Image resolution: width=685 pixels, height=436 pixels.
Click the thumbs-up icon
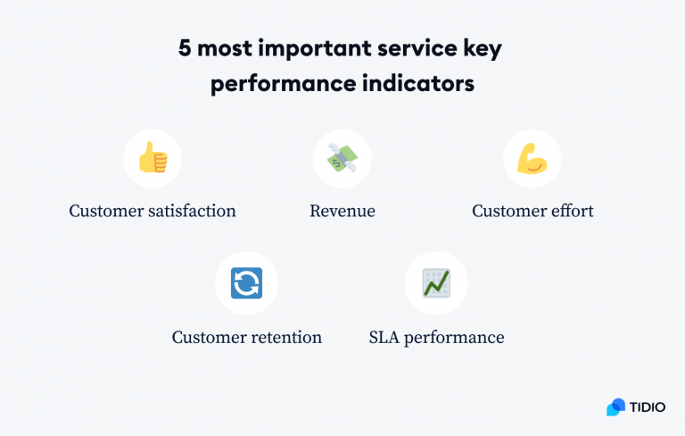tap(153, 159)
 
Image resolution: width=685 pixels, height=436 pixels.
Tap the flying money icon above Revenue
tap(342, 159)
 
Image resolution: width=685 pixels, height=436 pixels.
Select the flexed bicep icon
tap(532, 159)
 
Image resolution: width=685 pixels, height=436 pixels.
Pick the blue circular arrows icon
tap(246, 283)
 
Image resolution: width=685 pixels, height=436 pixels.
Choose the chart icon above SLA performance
tap(436, 283)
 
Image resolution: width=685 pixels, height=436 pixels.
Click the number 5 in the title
tap(185, 49)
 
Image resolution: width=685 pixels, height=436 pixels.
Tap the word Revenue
tap(342, 212)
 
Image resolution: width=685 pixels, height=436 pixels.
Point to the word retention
tap(285, 338)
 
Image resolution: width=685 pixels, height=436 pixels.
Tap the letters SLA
tap(384, 338)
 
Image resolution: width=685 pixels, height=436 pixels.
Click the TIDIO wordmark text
tap(648, 407)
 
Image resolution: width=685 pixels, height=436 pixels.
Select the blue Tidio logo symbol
tap(615, 407)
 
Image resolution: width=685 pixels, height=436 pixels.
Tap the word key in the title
tap(482, 49)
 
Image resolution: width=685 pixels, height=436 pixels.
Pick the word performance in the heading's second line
tap(282, 86)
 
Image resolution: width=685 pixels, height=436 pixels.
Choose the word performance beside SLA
tap(455, 338)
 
